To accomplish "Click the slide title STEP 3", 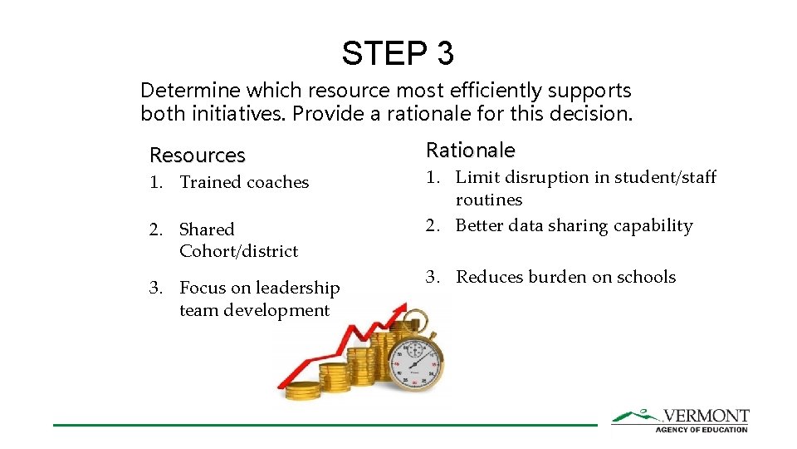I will click(398, 53).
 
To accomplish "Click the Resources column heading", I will click(198, 155).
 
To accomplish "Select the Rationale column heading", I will click(470, 150).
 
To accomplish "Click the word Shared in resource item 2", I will click(207, 229).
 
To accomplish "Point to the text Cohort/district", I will click(238, 251).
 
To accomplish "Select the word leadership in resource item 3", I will click(298, 289).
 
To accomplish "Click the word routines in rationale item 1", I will click(489, 200).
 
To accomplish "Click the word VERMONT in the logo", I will click(706, 416).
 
